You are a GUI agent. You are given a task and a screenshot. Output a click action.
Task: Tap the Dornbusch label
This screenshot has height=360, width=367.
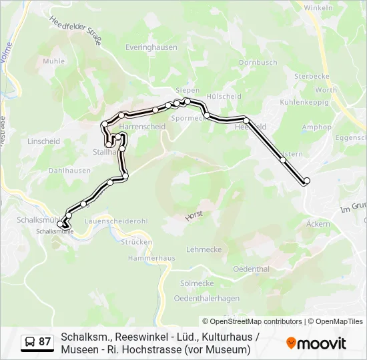coord(258,63)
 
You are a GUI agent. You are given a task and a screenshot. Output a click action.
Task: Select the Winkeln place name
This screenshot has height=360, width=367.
coord(318,8)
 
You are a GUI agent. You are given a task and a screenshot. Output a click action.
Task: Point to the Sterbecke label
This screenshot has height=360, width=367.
coord(308,77)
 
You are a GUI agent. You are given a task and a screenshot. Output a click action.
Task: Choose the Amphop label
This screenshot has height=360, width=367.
coord(316,127)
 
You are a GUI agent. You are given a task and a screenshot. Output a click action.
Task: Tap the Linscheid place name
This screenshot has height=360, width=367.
coord(44,141)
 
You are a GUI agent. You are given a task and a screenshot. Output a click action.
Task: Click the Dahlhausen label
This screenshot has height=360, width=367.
coord(69,171)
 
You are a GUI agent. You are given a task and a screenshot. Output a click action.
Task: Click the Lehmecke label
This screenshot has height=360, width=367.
coord(204,249)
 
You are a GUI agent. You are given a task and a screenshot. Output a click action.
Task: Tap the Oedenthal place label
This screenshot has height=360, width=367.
coord(251,269)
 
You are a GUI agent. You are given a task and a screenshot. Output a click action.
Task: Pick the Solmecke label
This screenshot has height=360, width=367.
coord(198,283)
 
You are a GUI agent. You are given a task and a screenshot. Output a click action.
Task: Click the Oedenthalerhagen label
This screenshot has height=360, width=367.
coord(206,298)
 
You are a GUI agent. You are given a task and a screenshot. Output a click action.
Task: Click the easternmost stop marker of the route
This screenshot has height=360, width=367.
coord(306,181)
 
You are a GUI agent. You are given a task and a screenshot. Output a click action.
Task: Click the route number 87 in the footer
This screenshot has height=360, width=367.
coord(45,342)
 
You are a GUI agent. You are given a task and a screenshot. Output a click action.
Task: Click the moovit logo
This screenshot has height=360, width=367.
coord(316,343)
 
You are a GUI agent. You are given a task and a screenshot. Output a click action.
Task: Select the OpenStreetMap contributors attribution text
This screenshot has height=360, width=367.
coord(252,321)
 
